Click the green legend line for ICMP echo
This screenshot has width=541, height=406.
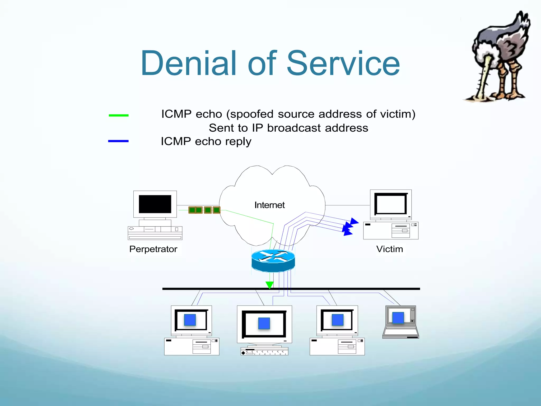(119, 115)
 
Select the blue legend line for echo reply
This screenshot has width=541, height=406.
(118, 141)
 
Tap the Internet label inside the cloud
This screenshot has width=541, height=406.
(269, 205)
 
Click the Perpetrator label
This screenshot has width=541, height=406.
(153, 249)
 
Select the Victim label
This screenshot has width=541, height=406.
(390, 249)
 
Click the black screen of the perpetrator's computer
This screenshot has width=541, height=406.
(155, 204)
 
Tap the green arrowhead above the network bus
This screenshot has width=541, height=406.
(269, 285)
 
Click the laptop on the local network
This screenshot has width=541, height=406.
(401, 322)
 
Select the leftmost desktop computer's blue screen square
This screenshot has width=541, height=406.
(190, 320)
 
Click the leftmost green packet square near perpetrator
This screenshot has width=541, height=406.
(192, 210)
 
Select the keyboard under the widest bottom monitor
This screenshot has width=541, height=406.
(264, 352)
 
